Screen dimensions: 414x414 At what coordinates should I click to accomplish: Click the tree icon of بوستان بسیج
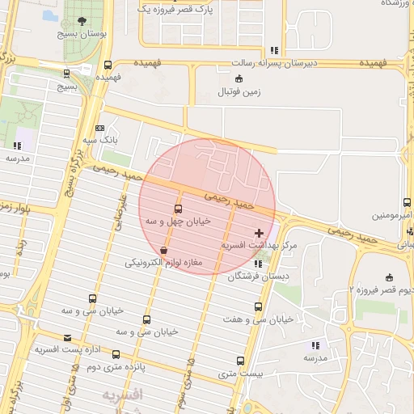[80, 22]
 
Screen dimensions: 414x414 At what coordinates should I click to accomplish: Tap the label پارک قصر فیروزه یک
[175, 9]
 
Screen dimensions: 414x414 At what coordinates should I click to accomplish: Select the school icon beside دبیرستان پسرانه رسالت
[275, 49]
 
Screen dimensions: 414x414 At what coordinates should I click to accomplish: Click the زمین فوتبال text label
[239, 92]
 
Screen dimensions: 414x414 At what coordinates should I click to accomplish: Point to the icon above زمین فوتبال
[239, 78]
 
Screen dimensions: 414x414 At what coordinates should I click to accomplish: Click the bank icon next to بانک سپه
[99, 128]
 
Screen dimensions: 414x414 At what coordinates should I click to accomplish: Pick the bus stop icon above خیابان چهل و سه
[179, 209]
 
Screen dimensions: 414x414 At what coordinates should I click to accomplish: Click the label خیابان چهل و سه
[177, 221]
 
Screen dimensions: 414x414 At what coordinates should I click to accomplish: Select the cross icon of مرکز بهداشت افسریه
[259, 233]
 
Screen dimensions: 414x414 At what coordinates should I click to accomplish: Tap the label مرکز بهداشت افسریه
[260, 244]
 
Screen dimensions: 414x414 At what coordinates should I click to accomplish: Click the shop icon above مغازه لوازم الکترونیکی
[164, 251]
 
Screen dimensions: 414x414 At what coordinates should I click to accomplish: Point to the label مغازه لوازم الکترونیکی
[163, 264]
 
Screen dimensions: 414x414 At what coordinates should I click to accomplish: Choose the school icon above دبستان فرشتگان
[258, 264]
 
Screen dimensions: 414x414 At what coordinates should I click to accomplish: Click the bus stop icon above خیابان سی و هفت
[258, 306]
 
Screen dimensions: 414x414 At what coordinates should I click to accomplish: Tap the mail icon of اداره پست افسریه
[66, 337]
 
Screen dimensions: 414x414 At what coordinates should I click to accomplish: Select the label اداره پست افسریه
[66, 349]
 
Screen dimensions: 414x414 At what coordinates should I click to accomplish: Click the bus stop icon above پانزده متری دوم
[116, 354]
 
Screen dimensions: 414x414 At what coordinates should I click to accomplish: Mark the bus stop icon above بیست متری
[243, 361]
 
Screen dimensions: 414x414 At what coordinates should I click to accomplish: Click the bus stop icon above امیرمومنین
[405, 203]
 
